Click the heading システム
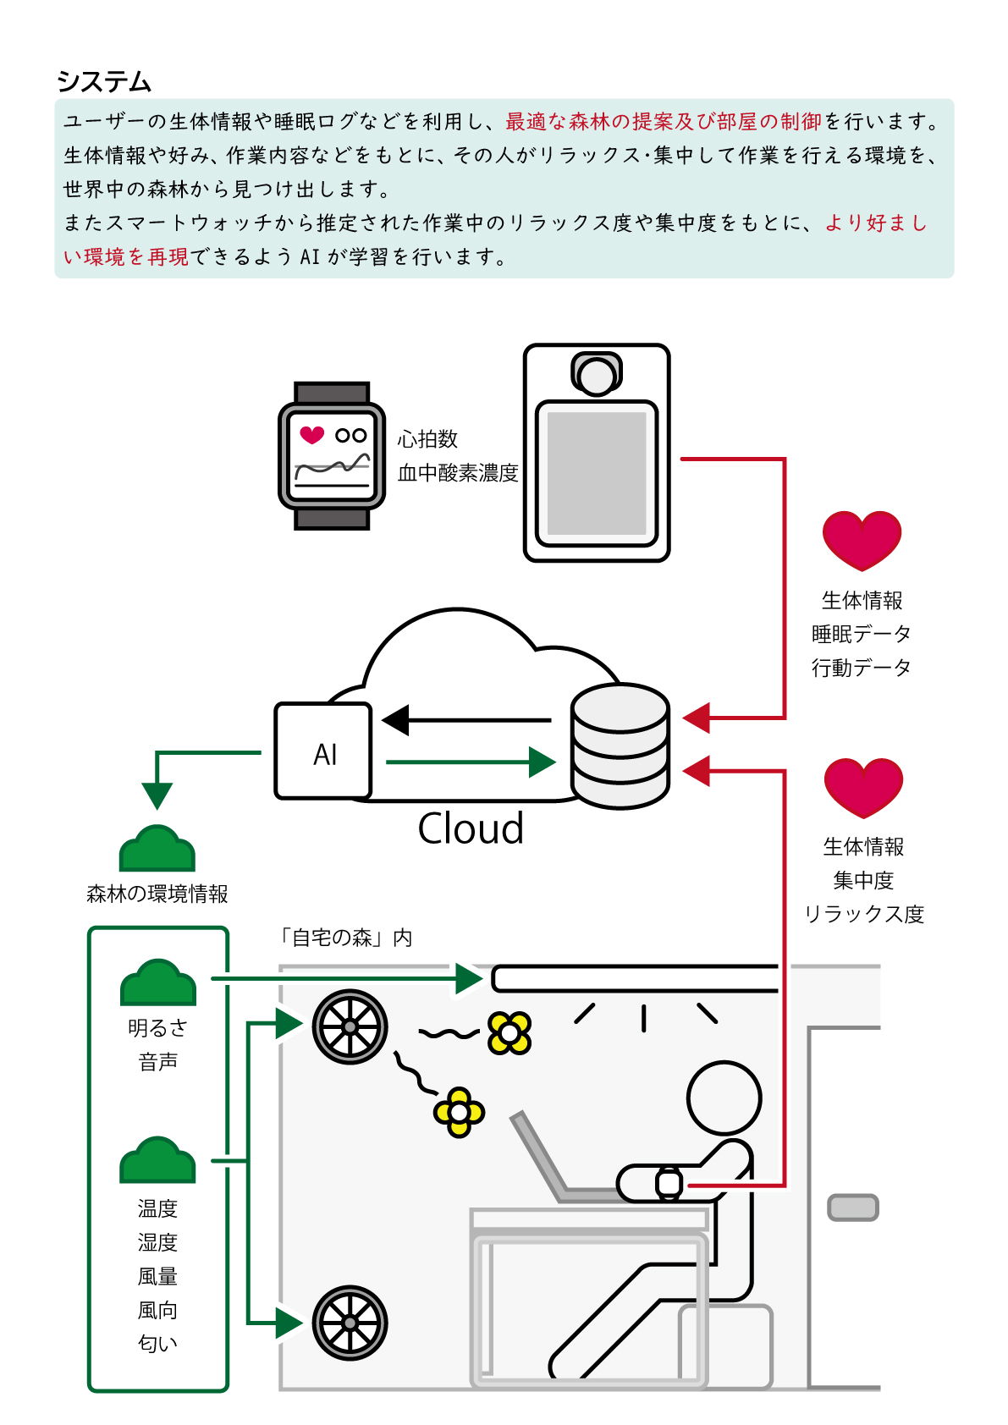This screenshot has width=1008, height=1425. (103, 82)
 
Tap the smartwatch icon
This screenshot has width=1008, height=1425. (332, 456)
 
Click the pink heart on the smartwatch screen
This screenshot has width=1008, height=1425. (312, 435)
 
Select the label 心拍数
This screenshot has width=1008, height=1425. (427, 439)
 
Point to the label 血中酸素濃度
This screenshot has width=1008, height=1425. (458, 473)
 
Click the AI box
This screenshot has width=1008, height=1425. (323, 751)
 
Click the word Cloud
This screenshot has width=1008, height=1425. (471, 828)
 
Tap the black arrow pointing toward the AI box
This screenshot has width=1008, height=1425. (465, 720)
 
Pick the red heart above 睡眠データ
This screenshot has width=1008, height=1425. (862, 540)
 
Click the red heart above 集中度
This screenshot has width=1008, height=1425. (863, 787)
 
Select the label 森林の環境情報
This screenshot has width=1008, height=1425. (157, 894)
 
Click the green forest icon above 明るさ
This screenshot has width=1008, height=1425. (158, 983)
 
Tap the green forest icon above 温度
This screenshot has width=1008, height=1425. (157, 1160)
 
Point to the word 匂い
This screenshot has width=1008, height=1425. (157, 1344)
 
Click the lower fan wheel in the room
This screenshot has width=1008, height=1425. (350, 1323)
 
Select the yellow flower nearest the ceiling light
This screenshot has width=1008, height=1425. (510, 1032)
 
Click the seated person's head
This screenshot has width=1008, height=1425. (724, 1098)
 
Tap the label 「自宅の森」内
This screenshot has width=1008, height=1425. (344, 938)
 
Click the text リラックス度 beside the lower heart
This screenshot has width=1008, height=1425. (863, 915)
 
